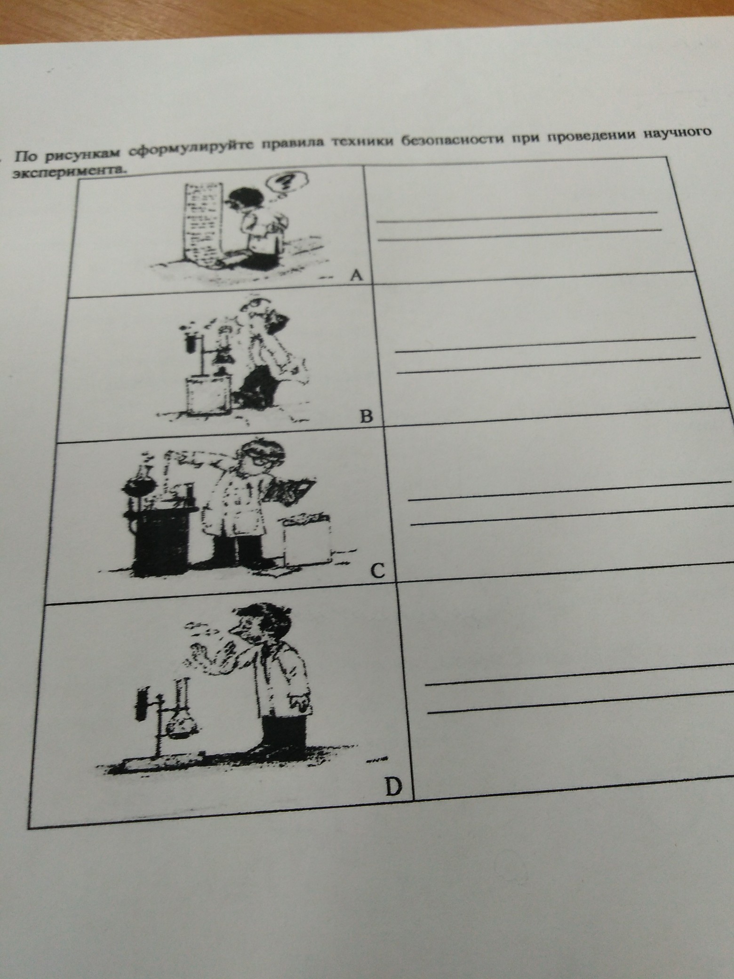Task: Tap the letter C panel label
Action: [x=378, y=571]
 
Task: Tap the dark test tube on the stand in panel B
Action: [x=191, y=341]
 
